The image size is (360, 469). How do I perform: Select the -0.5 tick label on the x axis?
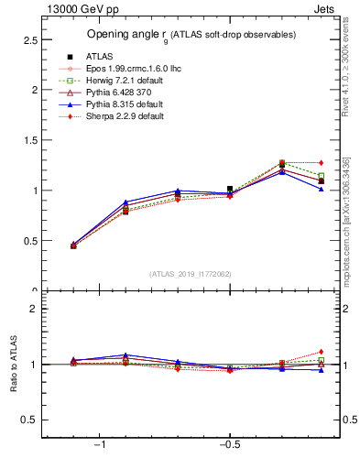coord(228,445)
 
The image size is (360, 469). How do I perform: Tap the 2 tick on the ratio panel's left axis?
coord(32,309)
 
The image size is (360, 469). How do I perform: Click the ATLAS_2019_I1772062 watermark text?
coord(191,274)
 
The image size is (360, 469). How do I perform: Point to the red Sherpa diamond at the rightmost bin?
coord(321,163)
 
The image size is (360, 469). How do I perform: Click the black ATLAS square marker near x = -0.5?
coord(230,189)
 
